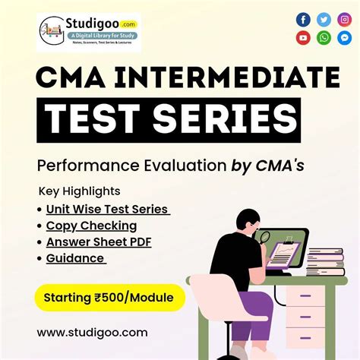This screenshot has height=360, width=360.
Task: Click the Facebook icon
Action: point(304,20)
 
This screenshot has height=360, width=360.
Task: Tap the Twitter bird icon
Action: point(324,20)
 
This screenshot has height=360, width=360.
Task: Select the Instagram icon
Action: point(345,20)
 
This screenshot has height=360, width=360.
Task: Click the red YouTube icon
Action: point(304,38)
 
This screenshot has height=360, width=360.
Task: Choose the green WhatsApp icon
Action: point(324,38)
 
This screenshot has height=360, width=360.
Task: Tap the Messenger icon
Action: point(345,38)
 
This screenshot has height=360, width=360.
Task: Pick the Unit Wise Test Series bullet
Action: point(106,209)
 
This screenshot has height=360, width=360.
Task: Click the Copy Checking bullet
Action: point(91,226)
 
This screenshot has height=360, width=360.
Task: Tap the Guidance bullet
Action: point(74,258)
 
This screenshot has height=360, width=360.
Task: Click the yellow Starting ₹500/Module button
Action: point(109,296)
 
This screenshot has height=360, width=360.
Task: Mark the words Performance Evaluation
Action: point(122,165)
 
